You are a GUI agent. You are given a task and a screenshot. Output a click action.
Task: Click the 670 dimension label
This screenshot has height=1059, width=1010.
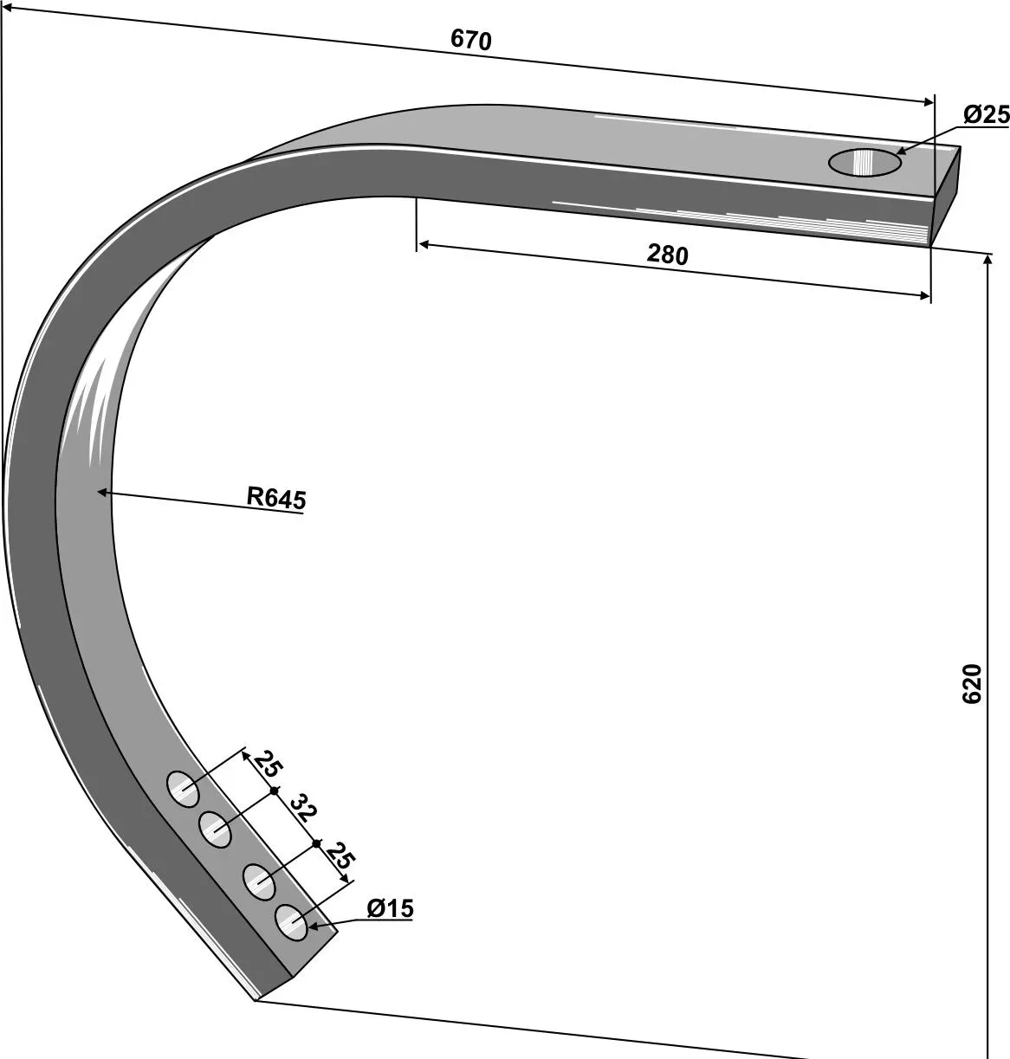pyautogui.click(x=470, y=40)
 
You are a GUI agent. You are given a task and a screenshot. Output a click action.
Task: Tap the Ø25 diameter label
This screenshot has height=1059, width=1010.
pyautogui.click(x=986, y=114)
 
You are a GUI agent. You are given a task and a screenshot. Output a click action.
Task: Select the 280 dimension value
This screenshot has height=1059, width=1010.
pyautogui.click(x=668, y=255)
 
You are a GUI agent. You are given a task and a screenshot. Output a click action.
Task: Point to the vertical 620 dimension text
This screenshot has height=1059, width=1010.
pyautogui.click(x=971, y=683)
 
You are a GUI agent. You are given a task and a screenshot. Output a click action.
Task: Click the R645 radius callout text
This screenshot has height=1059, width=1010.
pyautogui.click(x=276, y=498)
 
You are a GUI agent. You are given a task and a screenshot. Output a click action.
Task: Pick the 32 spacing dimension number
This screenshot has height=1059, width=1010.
pyautogui.click(x=303, y=808)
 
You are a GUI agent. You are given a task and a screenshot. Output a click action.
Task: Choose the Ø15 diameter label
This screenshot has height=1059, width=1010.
pyautogui.click(x=390, y=908)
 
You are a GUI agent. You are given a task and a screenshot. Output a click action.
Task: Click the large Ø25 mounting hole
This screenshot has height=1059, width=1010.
pyautogui.click(x=864, y=162)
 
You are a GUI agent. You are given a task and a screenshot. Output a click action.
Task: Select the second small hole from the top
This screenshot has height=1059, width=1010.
pyautogui.click(x=216, y=830)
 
